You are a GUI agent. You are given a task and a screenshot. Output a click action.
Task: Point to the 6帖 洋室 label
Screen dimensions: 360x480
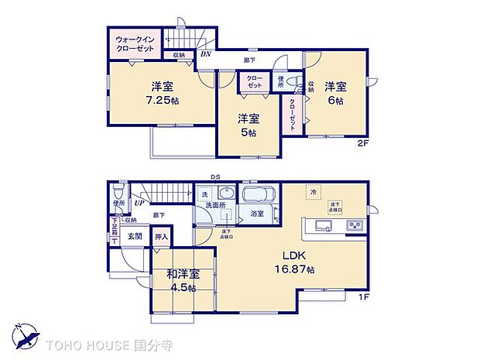334,94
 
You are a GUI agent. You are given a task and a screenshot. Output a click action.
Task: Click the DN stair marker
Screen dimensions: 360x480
206,54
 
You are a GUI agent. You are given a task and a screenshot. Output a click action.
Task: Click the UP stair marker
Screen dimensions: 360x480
140,203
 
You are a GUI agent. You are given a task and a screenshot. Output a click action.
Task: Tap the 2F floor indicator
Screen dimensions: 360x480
362,143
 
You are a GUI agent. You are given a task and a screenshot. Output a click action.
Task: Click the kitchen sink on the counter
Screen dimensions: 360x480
323,226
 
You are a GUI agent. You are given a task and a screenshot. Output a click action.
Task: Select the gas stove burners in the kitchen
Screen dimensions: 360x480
355,226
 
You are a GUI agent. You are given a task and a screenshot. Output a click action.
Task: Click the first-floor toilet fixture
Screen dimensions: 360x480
118,191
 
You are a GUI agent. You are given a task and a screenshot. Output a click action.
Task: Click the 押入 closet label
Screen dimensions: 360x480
162,238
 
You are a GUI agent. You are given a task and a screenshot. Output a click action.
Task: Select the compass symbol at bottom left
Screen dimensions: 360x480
28,337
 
